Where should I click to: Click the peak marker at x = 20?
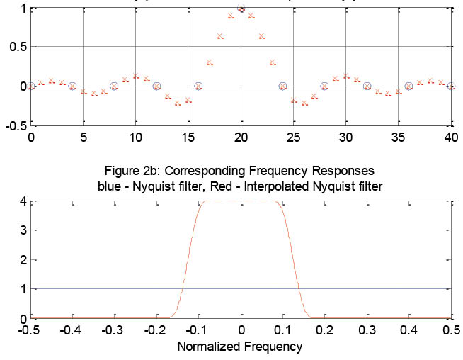(x=241, y=9)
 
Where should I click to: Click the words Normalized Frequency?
(x=239, y=347)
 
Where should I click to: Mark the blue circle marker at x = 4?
(x=73, y=86)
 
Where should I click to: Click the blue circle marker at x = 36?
(x=408, y=86)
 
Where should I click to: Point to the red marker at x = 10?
(x=136, y=75)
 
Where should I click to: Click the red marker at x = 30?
(x=346, y=75)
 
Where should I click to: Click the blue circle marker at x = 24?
(x=283, y=86)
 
